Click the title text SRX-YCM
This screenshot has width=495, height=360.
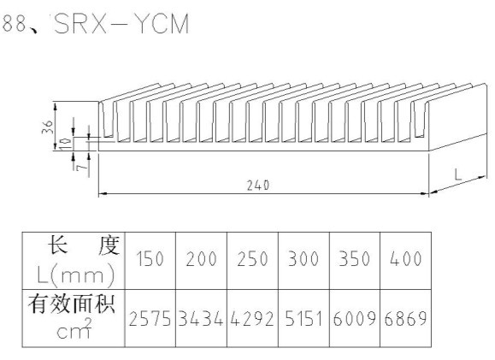[x=121, y=23]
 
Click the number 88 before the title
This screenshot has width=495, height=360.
[x=15, y=23]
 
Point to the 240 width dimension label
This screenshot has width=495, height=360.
[x=258, y=186]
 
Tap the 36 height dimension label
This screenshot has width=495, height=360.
[x=48, y=127]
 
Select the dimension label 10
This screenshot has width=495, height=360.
[x=66, y=144]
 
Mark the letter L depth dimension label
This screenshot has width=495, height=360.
[x=458, y=174]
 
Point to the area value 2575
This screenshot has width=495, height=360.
[x=150, y=318]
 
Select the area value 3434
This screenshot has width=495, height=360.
[x=201, y=318]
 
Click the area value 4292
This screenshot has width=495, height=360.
[x=252, y=318]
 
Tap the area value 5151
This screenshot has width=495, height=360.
[x=303, y=318]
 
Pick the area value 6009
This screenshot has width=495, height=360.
[x=355, y=318]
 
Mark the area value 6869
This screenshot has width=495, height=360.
[x=405, y=318]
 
